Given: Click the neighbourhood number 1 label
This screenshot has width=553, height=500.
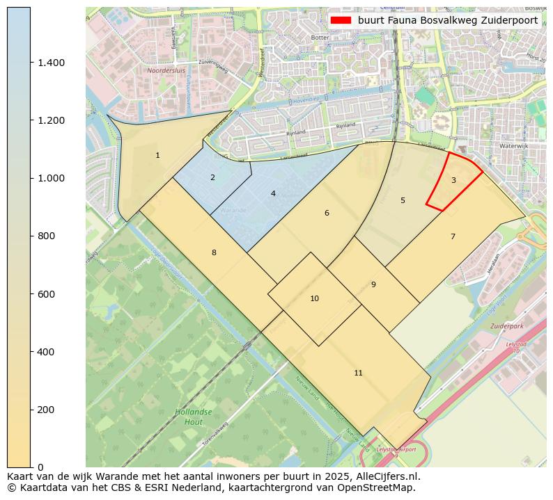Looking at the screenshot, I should [157, 155].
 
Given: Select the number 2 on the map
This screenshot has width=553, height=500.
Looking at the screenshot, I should [212, 177].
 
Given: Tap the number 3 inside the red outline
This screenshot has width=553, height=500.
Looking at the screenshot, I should [453, 180].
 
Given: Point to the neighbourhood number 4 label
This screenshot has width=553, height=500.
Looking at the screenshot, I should [273, 193].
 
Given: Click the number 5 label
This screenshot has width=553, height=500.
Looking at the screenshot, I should [403, 200].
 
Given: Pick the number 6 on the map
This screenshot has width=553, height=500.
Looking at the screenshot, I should [327, 213].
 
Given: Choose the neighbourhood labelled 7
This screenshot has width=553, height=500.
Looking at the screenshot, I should [453, 236].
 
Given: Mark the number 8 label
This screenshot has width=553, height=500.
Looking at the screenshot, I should [214, 252].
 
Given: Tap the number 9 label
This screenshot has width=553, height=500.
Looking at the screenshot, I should [373, 284].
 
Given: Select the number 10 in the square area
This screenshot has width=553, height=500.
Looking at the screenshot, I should [314, 298].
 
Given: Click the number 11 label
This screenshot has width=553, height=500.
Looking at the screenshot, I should [358, 373].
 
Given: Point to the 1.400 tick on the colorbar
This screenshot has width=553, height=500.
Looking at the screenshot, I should [51, 63].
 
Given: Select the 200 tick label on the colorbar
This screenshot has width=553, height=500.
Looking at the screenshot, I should [46, 410].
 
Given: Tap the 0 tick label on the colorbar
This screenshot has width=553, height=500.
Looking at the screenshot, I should [40, 467].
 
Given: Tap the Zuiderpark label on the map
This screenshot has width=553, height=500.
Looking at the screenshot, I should [506, 325].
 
